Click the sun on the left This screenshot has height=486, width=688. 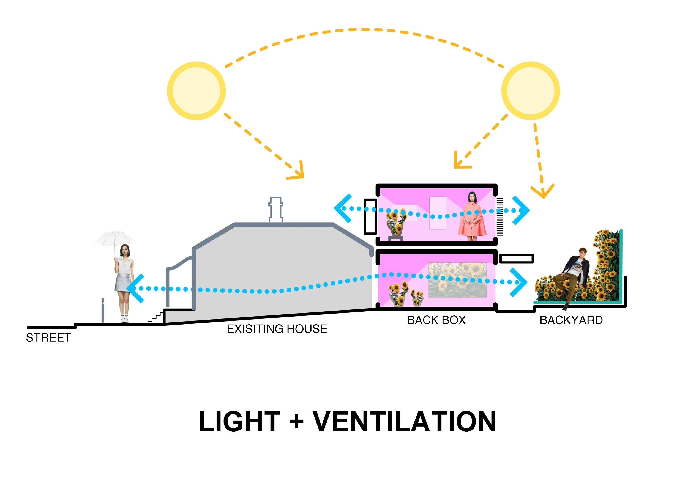coord(196,91)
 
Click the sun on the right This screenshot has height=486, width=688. coord(530,91)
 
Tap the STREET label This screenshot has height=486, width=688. coord(48,338)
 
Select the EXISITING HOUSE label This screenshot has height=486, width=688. coord(277,329)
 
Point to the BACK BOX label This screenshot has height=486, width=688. coord(436,320)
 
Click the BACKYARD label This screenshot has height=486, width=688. coord(571,320)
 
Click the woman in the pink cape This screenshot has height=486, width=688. coord(472,217)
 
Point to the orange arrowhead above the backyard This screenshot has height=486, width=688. coord(542,192)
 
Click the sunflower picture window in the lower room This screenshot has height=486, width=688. coord(458,280)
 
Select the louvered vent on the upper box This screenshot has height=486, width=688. coord(500,216)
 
